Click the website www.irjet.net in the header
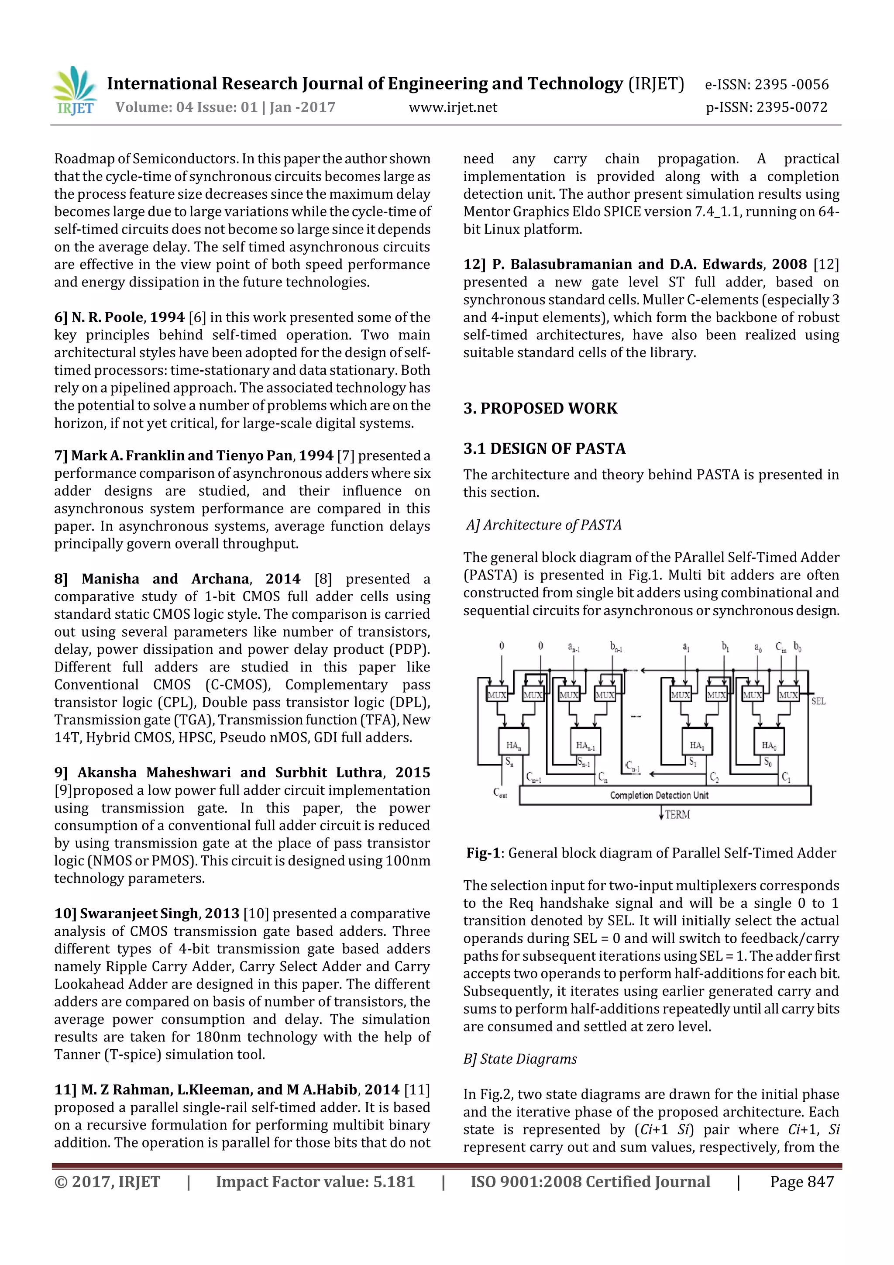pos(452,107)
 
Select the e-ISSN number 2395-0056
pos(766,84)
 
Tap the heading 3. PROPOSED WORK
pos(540,408)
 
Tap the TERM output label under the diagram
pos(677,814)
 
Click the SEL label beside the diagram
pos(818,701)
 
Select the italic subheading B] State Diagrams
pos(520,1059)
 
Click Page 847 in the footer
pos(801,1182)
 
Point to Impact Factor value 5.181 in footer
pos(315,1182)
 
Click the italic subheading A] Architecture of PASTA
pos(543,524)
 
